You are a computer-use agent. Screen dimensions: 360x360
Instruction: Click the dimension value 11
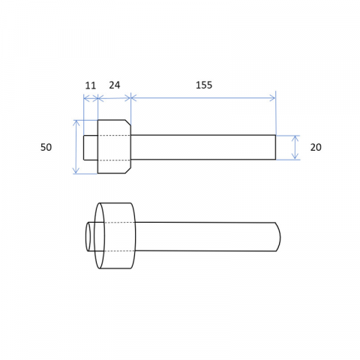pos(91,85)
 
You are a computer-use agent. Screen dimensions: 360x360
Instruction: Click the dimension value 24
pos(115,85)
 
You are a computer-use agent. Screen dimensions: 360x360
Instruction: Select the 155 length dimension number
pos(204,85)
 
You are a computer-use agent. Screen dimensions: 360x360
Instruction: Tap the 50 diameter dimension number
pos(46,147)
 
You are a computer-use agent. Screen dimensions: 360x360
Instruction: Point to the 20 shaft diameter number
pos(316,147)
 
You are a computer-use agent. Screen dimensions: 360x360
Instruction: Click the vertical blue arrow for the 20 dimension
pos(295,147)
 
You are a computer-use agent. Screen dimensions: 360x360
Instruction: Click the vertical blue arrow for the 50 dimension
pos(76,147)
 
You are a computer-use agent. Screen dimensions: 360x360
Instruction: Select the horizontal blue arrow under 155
pos(203,97)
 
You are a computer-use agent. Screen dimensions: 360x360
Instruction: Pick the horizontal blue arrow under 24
pos(114,98)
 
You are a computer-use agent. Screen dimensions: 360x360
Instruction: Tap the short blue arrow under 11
pos(91,98)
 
